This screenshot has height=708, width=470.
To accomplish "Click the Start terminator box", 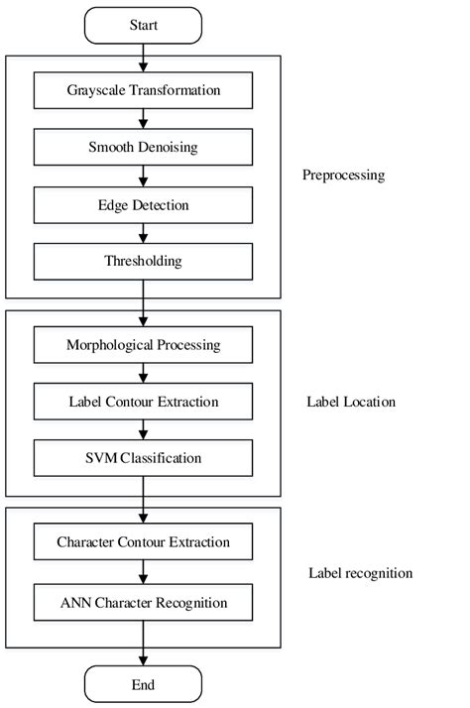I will (143, 26).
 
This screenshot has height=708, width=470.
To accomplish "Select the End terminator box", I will (143, 683).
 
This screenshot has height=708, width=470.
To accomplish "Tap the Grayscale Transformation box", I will (143, 91).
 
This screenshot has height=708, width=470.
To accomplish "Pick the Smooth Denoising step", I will (143, 149).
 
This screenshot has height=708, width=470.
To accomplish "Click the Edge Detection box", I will (143, 205).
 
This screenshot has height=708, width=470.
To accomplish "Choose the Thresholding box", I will (143, 262).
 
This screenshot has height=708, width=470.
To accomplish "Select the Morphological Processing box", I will (143, 345).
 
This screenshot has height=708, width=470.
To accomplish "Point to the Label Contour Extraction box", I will (143, 402).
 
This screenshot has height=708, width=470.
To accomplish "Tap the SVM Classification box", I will (143, 458).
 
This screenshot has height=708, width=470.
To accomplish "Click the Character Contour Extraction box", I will (143, 542).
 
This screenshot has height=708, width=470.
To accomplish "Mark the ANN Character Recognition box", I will (143, 602).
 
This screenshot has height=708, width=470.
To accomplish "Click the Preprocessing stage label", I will (343, 176).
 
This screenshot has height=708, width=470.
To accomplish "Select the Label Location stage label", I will (352, 402).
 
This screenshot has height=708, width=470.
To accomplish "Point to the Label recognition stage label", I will (360, 573).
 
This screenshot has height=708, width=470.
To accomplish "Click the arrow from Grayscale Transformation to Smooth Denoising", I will (143, 120).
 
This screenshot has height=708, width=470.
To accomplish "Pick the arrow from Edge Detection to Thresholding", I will (143, 233).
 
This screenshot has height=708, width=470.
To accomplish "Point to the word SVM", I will (104, 458).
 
